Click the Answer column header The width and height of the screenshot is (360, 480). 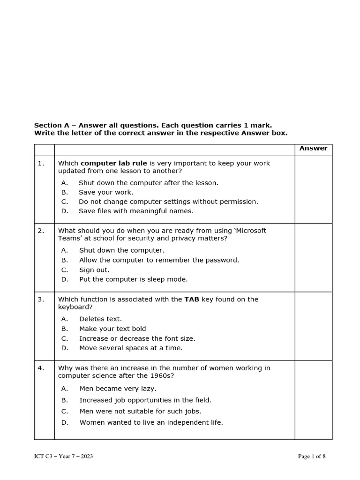(x=313, y=148)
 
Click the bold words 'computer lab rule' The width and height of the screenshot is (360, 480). (x=114, y=163)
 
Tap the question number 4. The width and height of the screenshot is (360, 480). (x=41, y=368)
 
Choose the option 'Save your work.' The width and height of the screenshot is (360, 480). (x=106, y=192)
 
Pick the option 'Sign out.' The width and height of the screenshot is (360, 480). (x=94, y=270)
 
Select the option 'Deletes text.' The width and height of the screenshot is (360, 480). (x=100, y=319)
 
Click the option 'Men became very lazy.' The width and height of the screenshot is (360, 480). (x=118, y=388)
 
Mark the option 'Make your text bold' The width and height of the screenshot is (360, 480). (x=112, y=329)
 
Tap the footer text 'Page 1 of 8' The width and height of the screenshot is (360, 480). (x=312, y=457)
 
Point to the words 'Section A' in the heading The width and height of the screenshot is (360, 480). (x=48, y=125)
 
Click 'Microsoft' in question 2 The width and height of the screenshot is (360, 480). (x=250, y=230)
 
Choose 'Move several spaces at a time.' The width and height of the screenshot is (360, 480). (x=131, y=348)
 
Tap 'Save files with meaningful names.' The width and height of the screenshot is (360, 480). (x=136, y=211)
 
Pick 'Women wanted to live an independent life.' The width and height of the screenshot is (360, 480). (x=151, y=422)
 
